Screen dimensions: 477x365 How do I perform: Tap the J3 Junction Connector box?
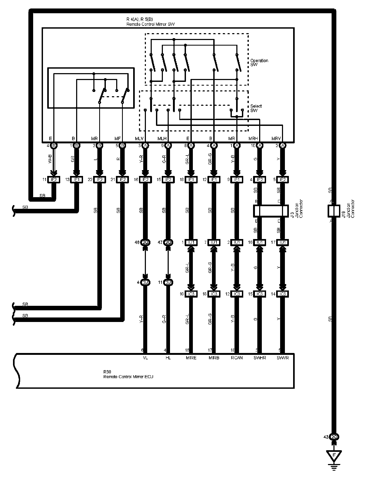(271, 211)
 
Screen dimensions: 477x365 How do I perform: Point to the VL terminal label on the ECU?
(145, 358)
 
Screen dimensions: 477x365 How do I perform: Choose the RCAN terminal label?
(237, 358)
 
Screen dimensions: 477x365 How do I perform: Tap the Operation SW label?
(259, 63)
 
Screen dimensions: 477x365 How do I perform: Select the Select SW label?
(256, 108)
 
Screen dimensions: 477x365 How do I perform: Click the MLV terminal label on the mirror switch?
(139, 138)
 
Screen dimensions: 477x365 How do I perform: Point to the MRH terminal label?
(253, 138)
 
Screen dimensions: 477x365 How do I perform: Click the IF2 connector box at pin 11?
(54, 180)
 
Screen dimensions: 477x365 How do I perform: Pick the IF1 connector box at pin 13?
(77, 180)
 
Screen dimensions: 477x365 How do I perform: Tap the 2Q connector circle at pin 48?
(145, 242)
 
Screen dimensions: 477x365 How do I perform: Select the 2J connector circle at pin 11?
(168, 282)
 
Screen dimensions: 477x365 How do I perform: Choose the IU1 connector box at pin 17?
(283, 242)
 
